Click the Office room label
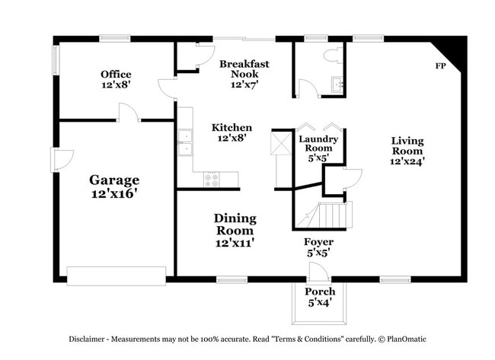[x=116, y=80]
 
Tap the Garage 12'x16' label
[x=114, y=186]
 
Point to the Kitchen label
[x=232, y=133]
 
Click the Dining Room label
[x=235, y=230]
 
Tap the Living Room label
[x=407, y=151]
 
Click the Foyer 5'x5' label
[x=318, y=247]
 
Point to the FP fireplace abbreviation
[x=440, y=66]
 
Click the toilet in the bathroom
[x=332, y=55]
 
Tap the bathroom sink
[x=338, y=84]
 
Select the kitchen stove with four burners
[x=212, y=180]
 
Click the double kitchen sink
[x=185, y=142]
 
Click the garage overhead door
[x=116, y=276]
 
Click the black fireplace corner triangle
[x=455, y=51]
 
